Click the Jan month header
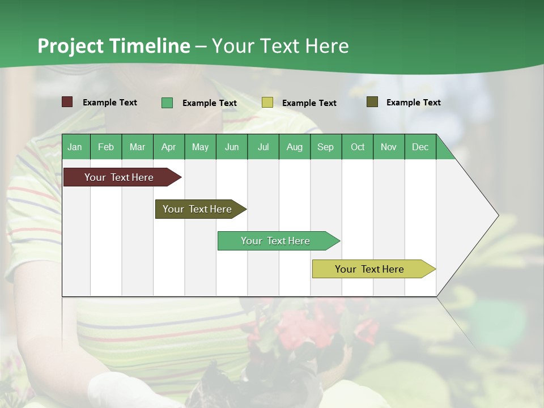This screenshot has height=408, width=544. pyautogui.click(x=75, y=147)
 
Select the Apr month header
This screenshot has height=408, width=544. pyautogui.click(x=168, y=147)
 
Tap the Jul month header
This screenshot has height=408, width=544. pyautogui.click(x=263, y=147)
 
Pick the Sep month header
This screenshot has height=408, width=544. pyautogui.click(x=325, y=147)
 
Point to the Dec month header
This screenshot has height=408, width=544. pyautogui.click(x=420, y=147)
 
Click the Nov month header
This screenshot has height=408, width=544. pyautogui.click(x=388, y=147)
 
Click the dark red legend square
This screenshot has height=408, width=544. pyautogui.click(x=67, y=102)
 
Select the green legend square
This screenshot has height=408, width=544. pyautogui.click(x=167, y=103)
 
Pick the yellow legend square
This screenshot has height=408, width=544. pyautogui.click(x=267, y=103)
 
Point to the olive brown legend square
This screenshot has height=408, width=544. pyautogui.click(x=372, y=102)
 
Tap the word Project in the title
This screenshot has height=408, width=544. pyautogui.click(x=71, y=46)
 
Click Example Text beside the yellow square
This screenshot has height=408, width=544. pyautogui.click(x=309, y=103)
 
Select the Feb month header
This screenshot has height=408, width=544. pyautogui.click(x=106, y=147)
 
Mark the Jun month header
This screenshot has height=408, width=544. pyautogui.click(x=231, y=147)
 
